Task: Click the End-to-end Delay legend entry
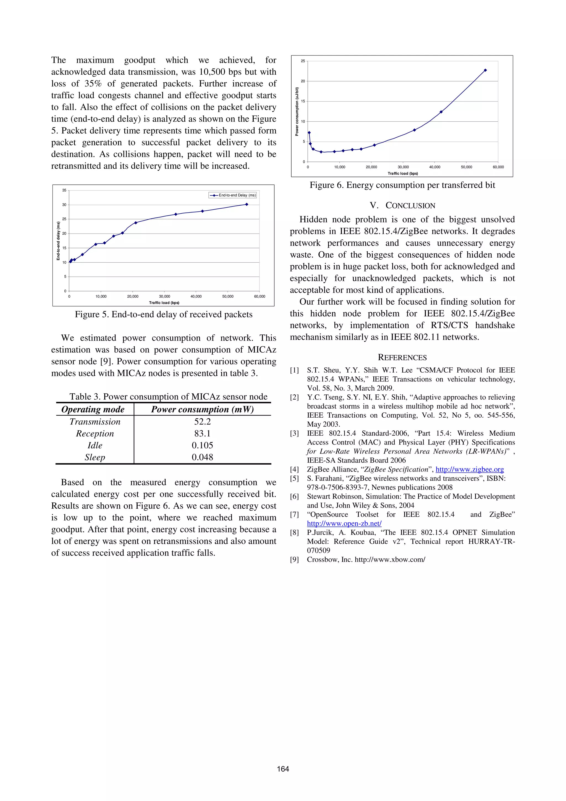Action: point(233,195)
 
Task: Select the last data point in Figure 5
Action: point(247,205)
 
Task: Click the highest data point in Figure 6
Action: point(485,70)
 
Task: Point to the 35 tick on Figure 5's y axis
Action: point(64,190)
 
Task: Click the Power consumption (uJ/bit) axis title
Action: point(297,111)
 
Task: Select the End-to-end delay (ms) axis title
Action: point(58,241)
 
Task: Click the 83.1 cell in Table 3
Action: point(202,433)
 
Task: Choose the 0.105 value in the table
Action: point(202,445)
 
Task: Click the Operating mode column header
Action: point(93,409)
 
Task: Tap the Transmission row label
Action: point(95,422)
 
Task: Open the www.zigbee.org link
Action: point(469,469)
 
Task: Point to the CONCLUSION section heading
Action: point(402,205)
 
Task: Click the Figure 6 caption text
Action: point(402,185)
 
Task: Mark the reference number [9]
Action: point(295,560)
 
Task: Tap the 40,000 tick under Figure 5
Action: point(196,297)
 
